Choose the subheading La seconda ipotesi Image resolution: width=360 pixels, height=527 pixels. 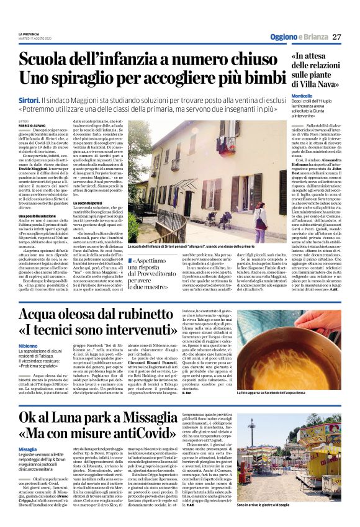pyautogui.click(x=89, y=204)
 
